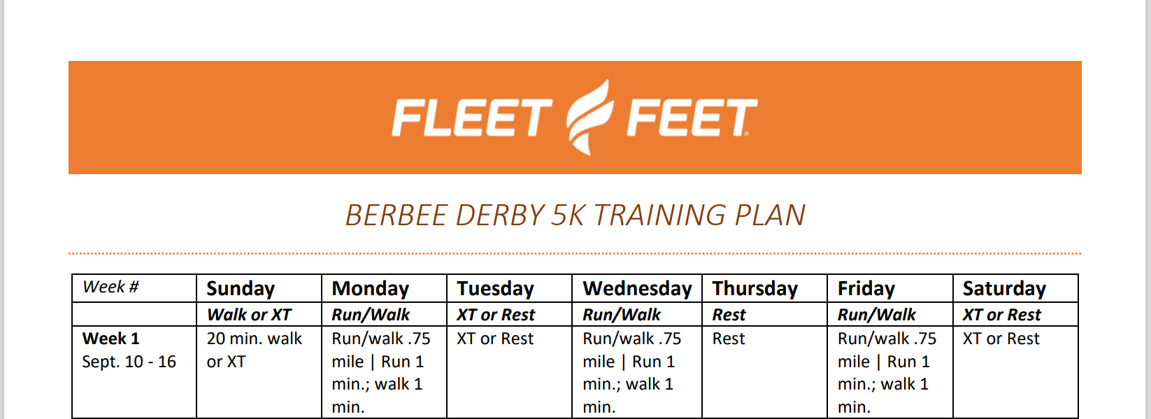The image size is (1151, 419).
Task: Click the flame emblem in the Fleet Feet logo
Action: tap(590, 118)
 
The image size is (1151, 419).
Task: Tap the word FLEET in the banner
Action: tap(472, 118)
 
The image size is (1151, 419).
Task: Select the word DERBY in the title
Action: tap(499, 215)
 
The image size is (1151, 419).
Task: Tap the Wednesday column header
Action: tap(637, 288)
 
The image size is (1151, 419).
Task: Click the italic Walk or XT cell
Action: tap(249, 315)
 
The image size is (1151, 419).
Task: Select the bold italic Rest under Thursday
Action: tap(729, 315)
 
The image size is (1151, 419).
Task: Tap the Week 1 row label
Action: tap(110, 339)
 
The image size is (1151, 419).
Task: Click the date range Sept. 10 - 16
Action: tap(129, 362)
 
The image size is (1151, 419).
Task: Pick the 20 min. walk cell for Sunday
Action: tap(255, 350)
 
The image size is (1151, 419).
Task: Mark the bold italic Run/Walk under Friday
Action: tap(877, 315)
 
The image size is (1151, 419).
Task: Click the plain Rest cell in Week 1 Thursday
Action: tap(729, 339)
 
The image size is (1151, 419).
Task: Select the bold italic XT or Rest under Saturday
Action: tap(1002, 315)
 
